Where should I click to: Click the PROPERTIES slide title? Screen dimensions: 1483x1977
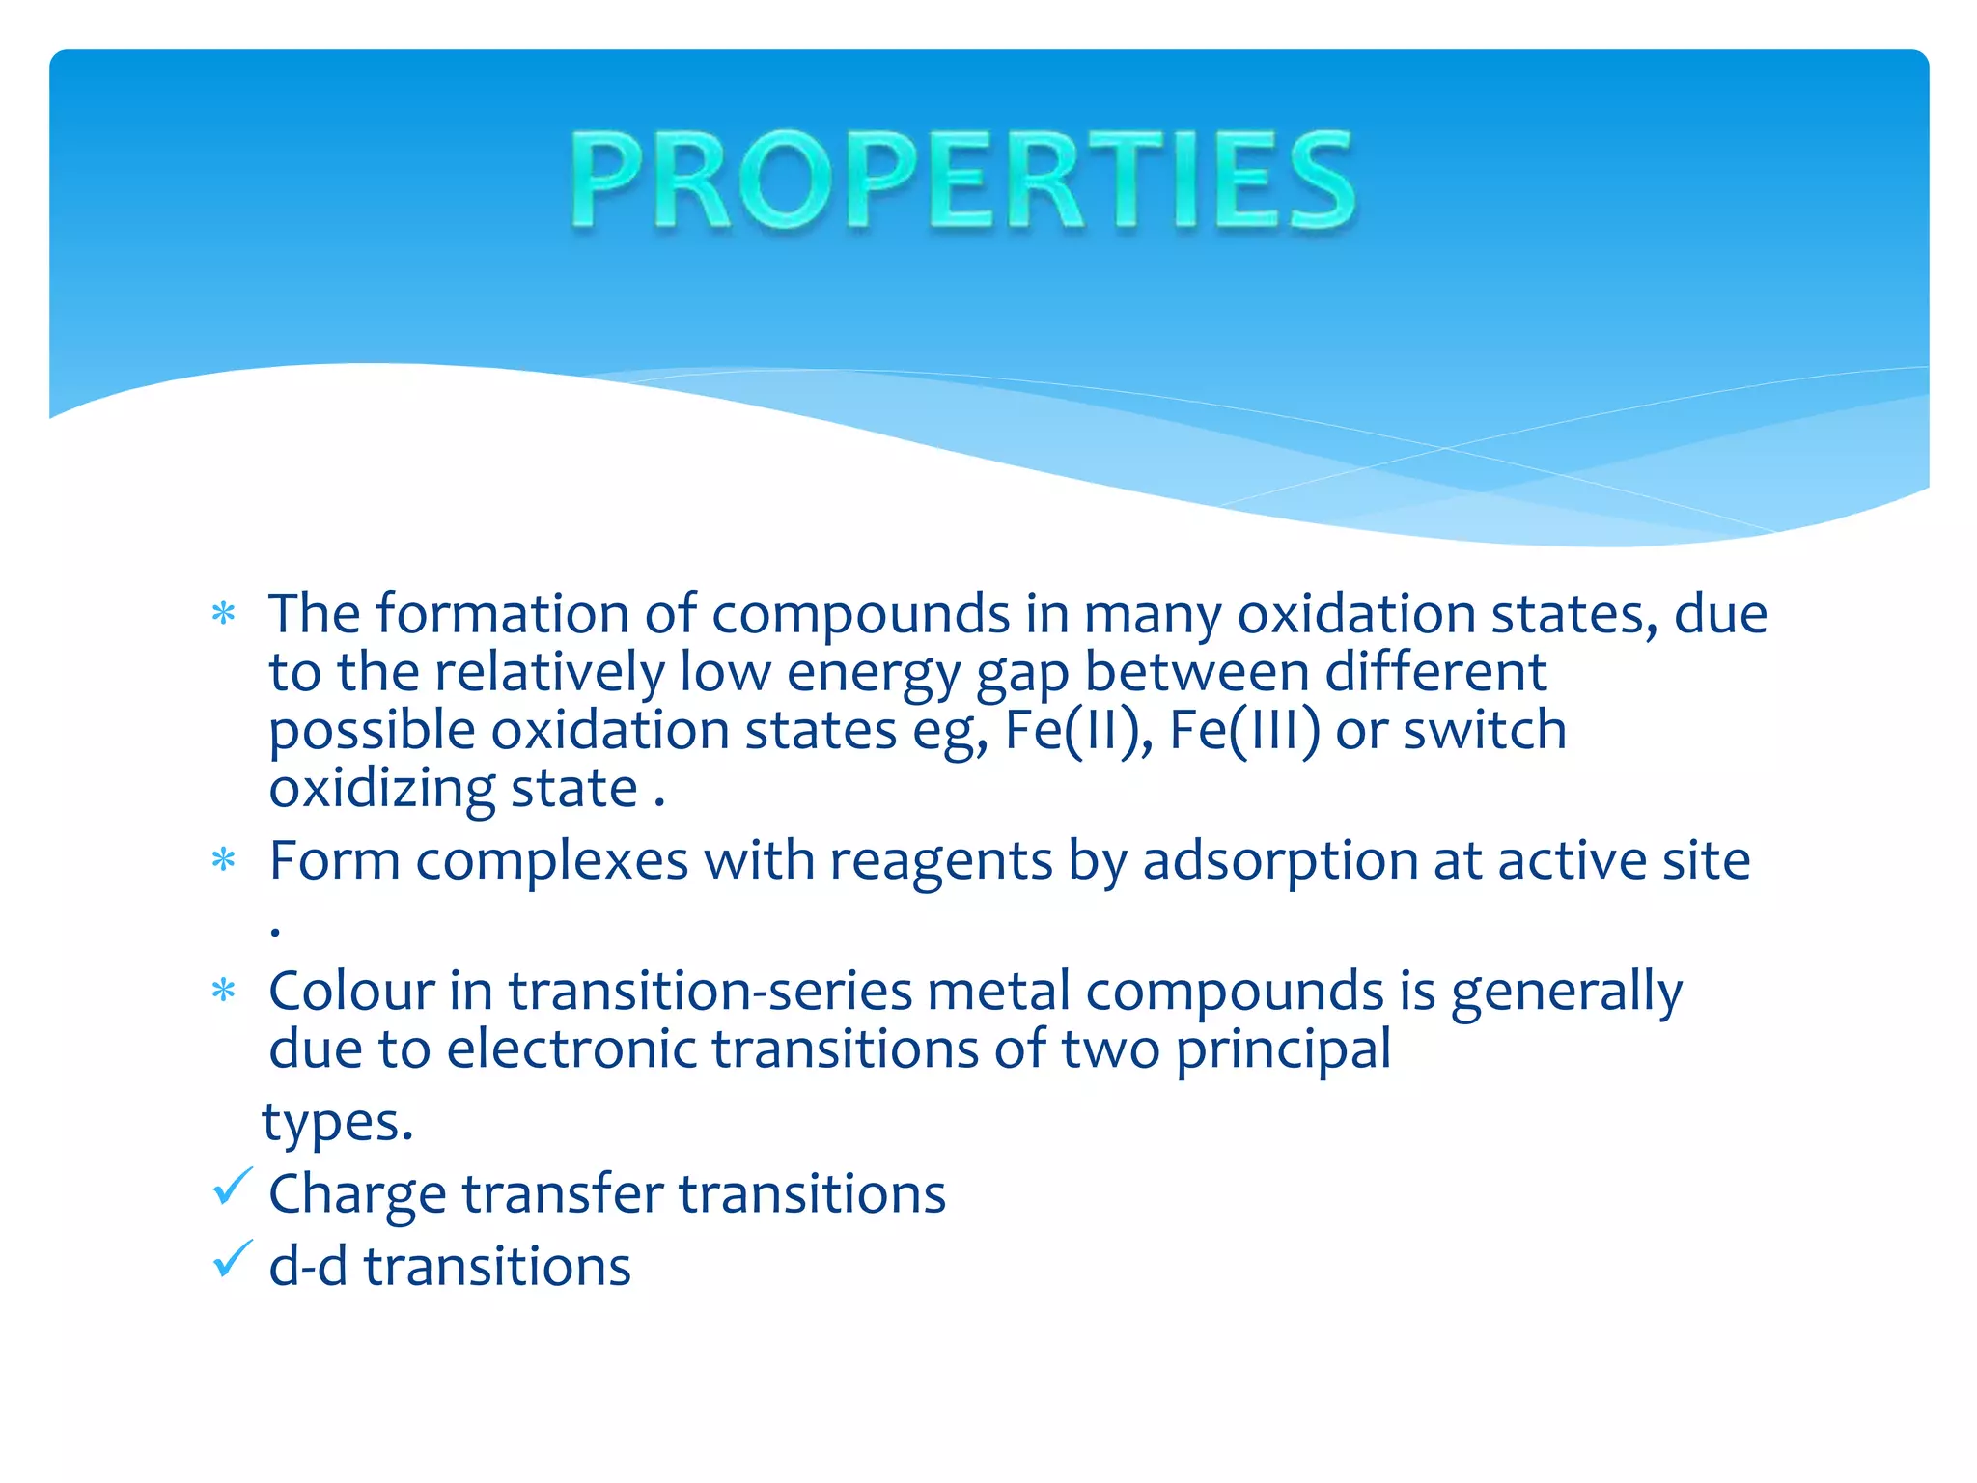[x=963, y=181]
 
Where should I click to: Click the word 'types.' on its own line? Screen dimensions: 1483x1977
[x=337, y=1123]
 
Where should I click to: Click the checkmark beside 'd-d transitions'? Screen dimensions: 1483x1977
[x=232, y=1259]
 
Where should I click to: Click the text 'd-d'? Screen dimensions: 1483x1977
[x=308, y=1266]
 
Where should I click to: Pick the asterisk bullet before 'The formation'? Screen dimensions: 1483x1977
[x=224, y=614]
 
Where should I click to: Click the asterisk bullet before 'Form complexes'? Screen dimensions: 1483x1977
[x=224, y=859]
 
